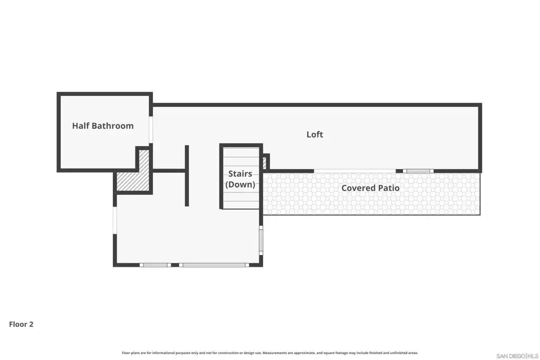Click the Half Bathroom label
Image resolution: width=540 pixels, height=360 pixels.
(103, 126)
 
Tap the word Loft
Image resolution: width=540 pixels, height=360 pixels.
(315, 134)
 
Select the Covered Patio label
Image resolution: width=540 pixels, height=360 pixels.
(370, 188)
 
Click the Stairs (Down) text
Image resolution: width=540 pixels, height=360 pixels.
(240, 179)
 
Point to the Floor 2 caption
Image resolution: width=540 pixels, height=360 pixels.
(21, 324)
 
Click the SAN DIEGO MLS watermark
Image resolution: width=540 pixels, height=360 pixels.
(517, 356)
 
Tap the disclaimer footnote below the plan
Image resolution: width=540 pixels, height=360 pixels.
(269, 353)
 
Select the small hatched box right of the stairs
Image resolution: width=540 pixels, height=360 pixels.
(265, 162)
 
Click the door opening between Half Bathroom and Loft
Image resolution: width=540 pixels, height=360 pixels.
(150, 130)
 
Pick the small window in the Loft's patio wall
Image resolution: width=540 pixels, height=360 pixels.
(418, 171)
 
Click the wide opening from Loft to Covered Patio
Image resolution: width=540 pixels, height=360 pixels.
(355, 171)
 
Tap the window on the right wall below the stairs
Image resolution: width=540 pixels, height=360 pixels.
(261, 240)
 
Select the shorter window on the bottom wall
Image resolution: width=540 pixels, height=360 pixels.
(156, 265)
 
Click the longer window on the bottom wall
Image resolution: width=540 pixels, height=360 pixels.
(214, 265)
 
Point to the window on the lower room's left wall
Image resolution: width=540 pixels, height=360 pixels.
(115, 220)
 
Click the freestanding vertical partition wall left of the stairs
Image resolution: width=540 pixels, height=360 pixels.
(187, 176)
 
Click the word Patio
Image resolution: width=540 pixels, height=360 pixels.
(389, 188)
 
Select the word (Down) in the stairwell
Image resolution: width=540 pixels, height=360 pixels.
(240, 184)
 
